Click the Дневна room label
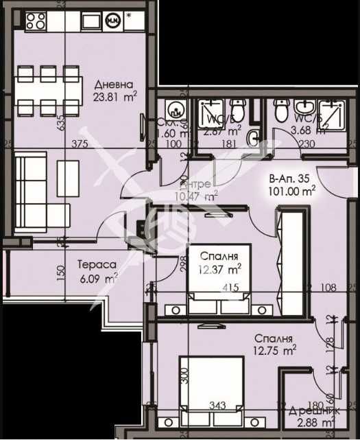[x=110, y=84]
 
